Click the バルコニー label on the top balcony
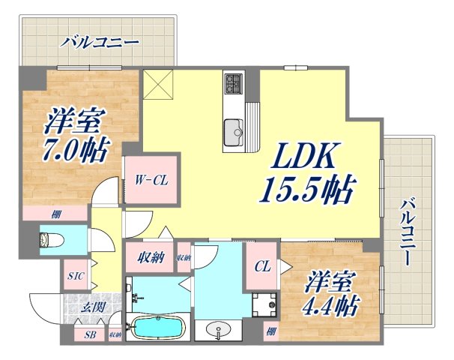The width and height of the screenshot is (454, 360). tap(100, 40)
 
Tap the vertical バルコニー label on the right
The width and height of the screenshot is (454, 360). tap(409, 233)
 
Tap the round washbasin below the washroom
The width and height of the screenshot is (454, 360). tap(218, 330)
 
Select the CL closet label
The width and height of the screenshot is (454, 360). tap(262, 265)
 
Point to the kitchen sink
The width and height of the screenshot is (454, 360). tap(234, 130)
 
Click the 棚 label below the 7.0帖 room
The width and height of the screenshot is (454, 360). tap(56, 214)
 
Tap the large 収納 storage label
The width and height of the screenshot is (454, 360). tap(150, 257)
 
